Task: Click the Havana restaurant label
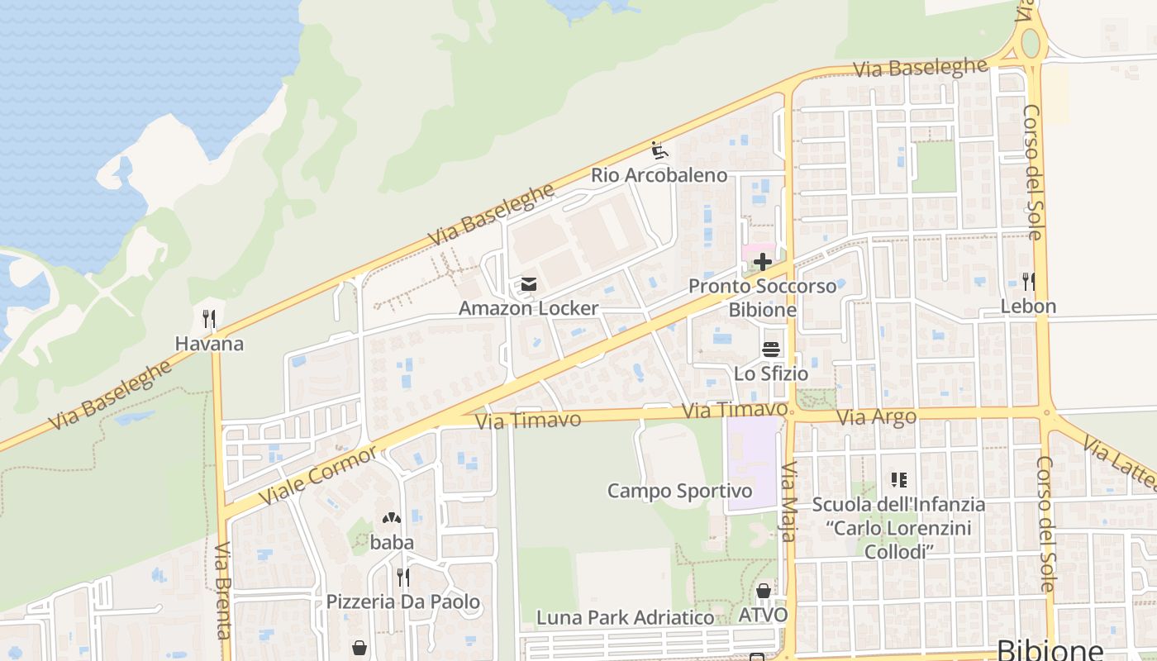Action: [209, 344]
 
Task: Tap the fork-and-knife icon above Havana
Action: [209, 319]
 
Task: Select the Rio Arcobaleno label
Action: [659, 175]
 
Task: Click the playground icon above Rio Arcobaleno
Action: [659, 151]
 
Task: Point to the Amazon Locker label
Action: [528, 308]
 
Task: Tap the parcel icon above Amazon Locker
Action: [528, 285]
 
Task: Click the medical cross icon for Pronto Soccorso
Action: [762, 263]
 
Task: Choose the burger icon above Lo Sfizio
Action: [771, 350]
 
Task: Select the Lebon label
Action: [1028, 307]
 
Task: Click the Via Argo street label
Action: [876, 417]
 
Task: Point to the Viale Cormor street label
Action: [318, 475]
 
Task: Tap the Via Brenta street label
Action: [221, 590]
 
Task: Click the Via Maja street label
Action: [788, 502]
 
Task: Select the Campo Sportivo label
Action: [679, 492]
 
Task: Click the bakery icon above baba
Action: [391, 519]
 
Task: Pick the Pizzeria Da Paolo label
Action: [402, 602]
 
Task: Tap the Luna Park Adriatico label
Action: [625, 617]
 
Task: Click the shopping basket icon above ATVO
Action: [763, 592]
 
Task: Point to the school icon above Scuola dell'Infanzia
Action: [898, 480]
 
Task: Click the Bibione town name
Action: [1050, 649]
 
